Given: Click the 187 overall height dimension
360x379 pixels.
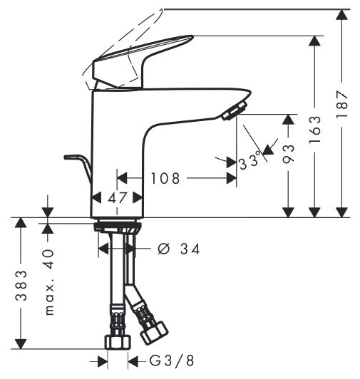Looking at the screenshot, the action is [341, 104].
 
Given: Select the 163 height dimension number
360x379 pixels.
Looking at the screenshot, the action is [315, 130].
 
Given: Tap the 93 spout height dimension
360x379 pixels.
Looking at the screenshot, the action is [289, 154].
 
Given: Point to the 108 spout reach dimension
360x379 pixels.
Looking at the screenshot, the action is [165, 178].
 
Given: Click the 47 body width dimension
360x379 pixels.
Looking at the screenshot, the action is [117, 198].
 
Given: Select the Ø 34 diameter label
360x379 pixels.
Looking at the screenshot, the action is [179, 249].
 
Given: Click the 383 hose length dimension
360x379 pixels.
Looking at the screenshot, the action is [21, 286].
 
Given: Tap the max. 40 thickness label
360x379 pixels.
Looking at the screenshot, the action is [49, 282].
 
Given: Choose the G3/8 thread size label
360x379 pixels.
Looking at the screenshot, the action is [172, 361].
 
